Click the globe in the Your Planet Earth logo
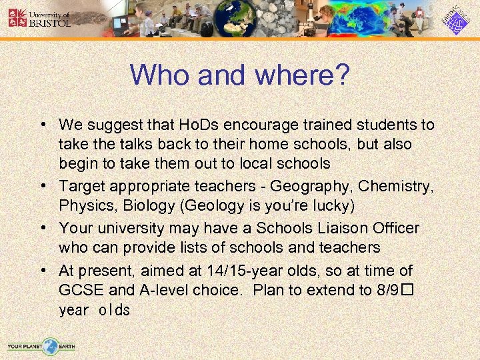coord(49,346)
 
